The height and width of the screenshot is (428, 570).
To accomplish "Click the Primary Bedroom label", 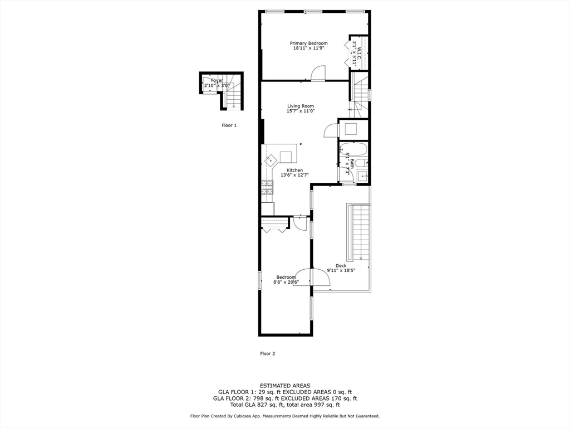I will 308,43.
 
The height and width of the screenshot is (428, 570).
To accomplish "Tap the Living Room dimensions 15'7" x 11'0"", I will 301,111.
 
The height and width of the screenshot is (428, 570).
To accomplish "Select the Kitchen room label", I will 294,170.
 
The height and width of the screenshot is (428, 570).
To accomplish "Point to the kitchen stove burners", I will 267,187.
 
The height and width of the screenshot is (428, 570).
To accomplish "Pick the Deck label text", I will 341,265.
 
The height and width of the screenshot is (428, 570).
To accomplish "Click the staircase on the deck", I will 360,231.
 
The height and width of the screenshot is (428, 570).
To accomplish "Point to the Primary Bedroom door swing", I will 318,74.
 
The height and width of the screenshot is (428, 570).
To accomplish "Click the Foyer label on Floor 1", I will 217,81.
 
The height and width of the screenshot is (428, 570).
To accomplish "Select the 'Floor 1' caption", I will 229,125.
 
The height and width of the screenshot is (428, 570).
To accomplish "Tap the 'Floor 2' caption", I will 268,353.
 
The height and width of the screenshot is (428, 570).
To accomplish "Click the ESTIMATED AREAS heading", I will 285,386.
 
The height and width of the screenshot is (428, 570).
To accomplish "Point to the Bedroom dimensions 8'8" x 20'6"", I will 286,283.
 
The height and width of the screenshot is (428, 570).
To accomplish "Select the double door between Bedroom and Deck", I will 311,276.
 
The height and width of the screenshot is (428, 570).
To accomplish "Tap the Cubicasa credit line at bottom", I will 285,416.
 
